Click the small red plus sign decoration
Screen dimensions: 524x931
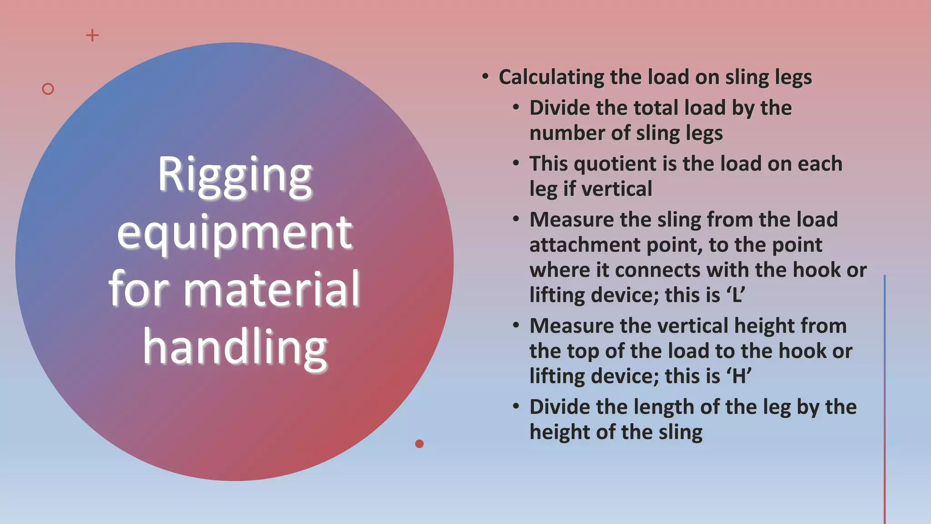tap(92, 35)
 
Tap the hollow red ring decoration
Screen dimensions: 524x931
tap(48, 89)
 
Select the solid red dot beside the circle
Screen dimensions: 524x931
tap(419, 443)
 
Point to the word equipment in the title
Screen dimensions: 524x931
tap(235, 233)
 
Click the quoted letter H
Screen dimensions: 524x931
tap(739, 377)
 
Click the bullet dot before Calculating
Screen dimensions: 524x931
tap(486, 76)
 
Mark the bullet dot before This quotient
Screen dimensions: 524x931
tap(516, 163)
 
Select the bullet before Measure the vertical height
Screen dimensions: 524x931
tap(516, 325)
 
